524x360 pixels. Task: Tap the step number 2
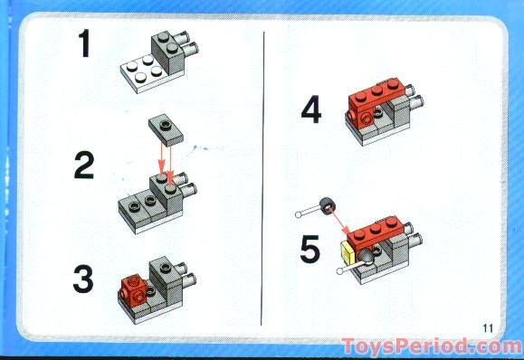pyautogui.click(x=84, y=166)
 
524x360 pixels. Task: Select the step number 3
pyautogui.click(x=83, y=279)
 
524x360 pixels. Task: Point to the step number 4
pyautogui.click(x=311, y=111)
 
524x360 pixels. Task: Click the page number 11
pyautogui.click(x=490, y=327)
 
